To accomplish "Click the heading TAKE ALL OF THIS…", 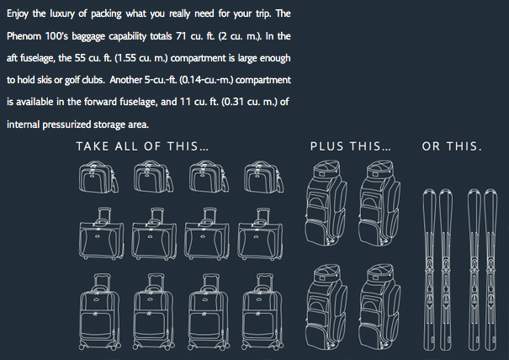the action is tap(142, 146).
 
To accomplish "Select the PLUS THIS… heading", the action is tap(351, 146).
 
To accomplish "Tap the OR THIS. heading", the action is tap(452, 146).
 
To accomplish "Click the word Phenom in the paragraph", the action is tap(24, 35).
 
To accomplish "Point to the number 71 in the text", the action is tap(181, 35).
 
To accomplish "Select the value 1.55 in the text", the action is tap(127, 58).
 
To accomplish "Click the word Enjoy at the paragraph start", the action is tap(18, 14).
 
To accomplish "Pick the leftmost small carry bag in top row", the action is tap(98, 177).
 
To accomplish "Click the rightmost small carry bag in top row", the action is tap(263, 177).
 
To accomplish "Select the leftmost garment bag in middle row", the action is tap(101, 234).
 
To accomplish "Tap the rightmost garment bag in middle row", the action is tap(260, 234).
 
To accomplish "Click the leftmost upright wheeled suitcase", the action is tap(99, 311).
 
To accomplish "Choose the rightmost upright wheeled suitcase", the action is tap(262, 311).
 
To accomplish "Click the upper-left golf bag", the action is tap(326, 203).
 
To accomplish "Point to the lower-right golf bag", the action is tap(379, 307).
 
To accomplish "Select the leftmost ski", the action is tap(429, 269).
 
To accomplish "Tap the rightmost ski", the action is tap(490, 269).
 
